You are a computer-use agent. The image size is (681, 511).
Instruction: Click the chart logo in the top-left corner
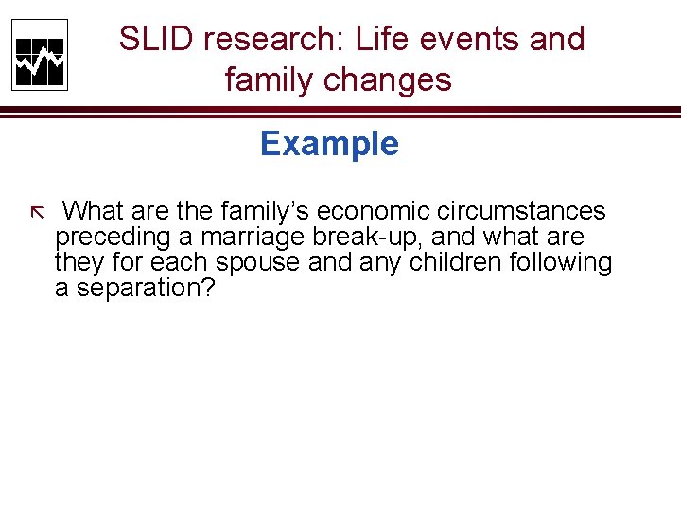pos(40,55)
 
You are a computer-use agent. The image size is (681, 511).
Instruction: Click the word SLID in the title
pos(156,40)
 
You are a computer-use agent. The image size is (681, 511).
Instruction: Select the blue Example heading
pos(329,144)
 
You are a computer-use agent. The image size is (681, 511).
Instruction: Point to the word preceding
pos(111,237)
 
